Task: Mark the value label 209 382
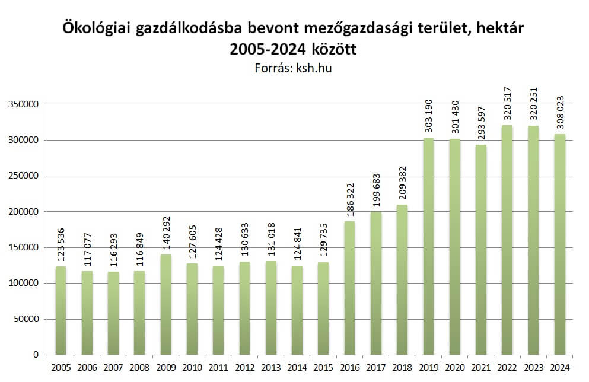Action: pyautogui.click(x=402, y=184)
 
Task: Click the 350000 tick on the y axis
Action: pyautogui.click(x=24, y=104)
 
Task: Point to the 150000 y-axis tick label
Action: pyautogui.click(x=24, y=247)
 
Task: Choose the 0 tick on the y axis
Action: pyautogui.click(x=36, y=355)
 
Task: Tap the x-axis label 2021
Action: pyautogui.click(x=480, y=367)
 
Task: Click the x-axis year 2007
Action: pyautogui.click(x=113, y=367)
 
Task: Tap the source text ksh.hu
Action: pyautogui.click(x=313, y=68)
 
